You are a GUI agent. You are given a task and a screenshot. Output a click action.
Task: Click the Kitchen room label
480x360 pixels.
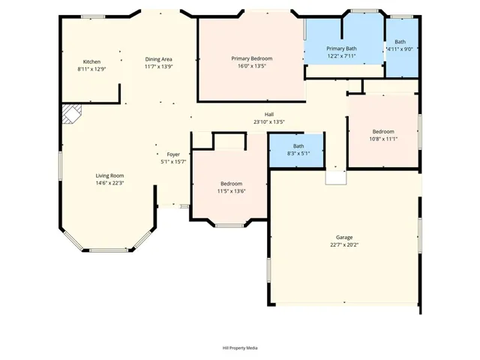pyautogui.click(x=91, y=61)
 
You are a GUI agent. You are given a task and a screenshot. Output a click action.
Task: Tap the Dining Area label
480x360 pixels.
pyautogui.click(x=158, y=58)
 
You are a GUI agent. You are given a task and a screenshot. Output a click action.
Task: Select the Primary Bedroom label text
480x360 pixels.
pyautogui.click(x=251, y=58)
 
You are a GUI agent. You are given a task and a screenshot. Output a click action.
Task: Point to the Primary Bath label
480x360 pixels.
pyautogui.click(x=341, y=49)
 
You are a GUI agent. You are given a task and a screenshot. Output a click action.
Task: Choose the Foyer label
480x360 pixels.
pyautogui.click(x=173, y=154)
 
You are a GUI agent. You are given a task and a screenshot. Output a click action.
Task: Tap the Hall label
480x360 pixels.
pyautogui.click(x=268, y=114)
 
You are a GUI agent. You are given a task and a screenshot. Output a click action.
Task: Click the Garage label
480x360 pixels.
pyautogui.click(x=344, y=237)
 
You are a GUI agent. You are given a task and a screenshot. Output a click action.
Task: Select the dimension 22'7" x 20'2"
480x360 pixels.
pyautogui.click(x=344, y=244)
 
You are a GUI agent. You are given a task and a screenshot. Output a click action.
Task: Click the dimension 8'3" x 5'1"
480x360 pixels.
pyautogui.click(x=298, y=153)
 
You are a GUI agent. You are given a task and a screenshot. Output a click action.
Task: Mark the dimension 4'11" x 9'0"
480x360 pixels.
pyautogui.click(x=400, y=49)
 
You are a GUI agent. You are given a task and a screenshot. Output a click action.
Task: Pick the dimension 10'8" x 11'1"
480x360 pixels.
pyautogui.click(x=383, y=139)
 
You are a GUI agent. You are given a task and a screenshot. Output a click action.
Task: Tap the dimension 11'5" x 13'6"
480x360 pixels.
pyautogui.click(x=231, y=191)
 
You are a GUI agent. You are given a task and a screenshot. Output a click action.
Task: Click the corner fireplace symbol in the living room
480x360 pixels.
pyautogui.click(x=71, y=114)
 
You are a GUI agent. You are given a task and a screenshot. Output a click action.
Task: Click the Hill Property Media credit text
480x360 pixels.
pyautogui.click(x=240, y=348)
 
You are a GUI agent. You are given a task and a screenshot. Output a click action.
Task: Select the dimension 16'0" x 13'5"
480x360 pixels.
pyautogui.click(x=251, y=66)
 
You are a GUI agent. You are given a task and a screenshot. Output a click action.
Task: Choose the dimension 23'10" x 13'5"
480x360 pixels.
pyautogui.click(x=268, y=121)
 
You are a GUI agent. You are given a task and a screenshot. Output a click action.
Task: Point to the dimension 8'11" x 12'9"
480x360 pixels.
pyautogui.click(x=91, y=69)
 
